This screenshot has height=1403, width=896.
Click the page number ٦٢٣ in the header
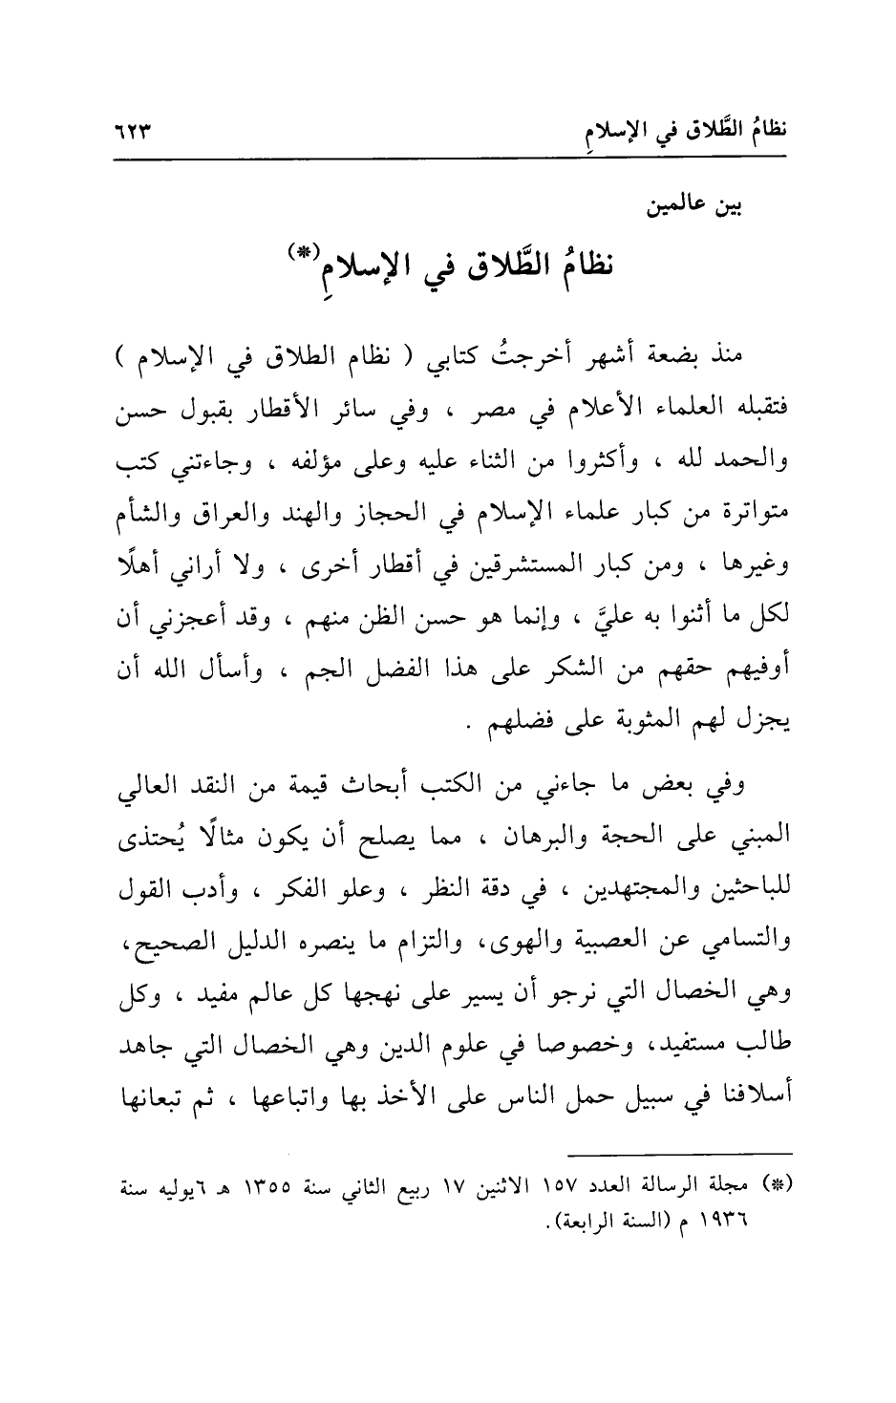pos(136,129)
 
